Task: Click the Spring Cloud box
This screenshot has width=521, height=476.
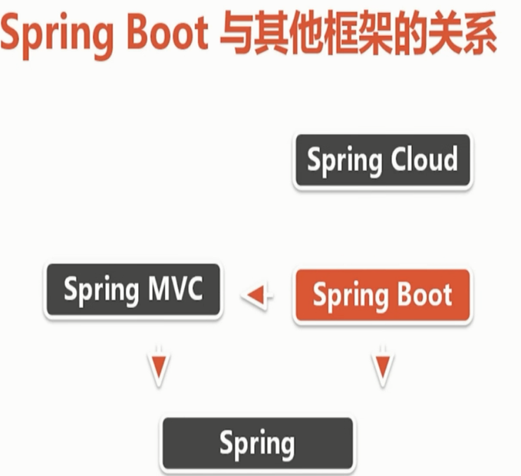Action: click(x=383, y=160)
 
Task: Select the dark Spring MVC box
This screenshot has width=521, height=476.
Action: click(x=134, y=290)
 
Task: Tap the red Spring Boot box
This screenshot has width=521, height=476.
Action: click(x=383, y=295)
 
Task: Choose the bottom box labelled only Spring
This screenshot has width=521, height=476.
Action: click(x=258, y=444)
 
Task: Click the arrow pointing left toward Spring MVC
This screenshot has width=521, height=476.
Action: click(x=257, y=294)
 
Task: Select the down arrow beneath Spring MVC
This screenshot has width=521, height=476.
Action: click(x=159, y=367)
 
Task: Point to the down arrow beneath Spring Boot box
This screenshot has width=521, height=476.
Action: click(x=383, y=367)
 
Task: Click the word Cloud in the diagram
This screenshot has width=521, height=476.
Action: click(x=424, y=159)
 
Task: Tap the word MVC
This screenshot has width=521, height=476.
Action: click(x=176, y=287)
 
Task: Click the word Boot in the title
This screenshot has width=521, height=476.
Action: click(x=168, y=32)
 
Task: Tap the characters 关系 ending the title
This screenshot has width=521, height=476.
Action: click(x=463, y=32)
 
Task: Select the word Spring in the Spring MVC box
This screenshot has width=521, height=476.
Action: click(x=101, y=290)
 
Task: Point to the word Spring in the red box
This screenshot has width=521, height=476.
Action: click(x=351, y=296)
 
